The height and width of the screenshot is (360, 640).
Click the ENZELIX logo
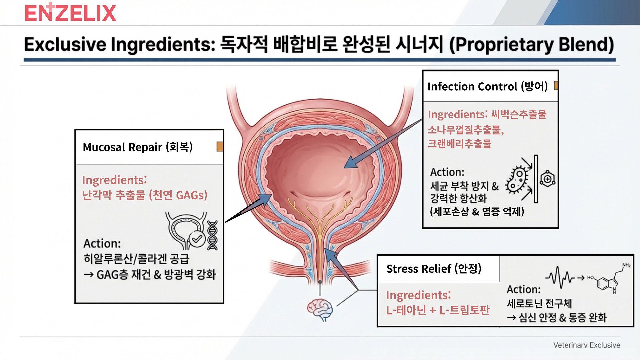(70, 12)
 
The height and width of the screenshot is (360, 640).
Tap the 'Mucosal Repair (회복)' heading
(138, 147)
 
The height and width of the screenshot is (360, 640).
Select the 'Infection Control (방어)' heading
(488, 86)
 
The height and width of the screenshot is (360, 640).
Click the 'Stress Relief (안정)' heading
(434, 268)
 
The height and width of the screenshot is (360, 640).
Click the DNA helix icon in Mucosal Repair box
(212, 235)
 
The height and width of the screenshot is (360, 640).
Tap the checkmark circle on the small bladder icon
(197, 239)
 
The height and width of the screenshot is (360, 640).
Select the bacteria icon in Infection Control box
(517, 179)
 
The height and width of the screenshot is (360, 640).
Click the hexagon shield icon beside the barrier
(547, 179)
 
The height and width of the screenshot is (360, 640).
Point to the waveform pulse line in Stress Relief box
(560, 277)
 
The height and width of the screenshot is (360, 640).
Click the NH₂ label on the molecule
(626, 265)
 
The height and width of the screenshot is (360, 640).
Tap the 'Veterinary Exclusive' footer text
(587, 345)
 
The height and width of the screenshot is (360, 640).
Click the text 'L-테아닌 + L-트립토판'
(438, 310)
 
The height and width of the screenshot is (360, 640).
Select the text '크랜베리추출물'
(459, 144)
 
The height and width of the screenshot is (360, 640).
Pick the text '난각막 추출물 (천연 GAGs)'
(145, 195)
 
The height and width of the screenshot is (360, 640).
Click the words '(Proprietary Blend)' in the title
(531, 44)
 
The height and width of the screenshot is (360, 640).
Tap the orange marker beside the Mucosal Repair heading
(220, 146)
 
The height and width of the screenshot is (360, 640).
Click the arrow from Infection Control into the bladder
(383, 144)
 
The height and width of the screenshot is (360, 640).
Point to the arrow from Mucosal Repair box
(248, 208)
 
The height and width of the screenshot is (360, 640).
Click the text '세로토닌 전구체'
(539, 303)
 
